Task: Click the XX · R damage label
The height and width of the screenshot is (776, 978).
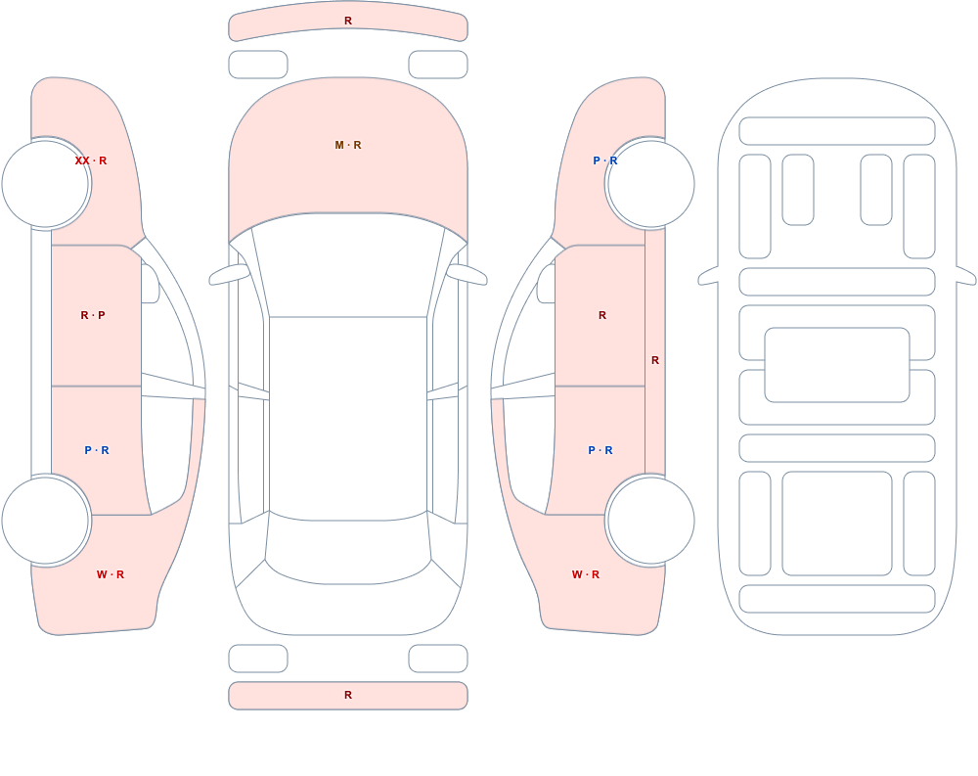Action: point(90,160)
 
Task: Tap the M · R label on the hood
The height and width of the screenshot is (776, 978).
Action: point(348,145)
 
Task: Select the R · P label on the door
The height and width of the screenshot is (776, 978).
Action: point(93,315)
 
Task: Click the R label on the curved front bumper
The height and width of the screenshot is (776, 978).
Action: point(348,21)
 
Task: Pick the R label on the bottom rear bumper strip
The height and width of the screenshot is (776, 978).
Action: point(348,695)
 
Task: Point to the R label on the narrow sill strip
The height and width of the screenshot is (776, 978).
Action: point(655,360)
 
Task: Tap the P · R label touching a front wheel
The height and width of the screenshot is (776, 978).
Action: point(605,160)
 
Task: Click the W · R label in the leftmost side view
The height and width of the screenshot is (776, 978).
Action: point(111,574)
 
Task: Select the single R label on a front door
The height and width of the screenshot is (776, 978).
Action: point(601,315)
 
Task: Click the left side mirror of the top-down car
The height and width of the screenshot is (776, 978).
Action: point(228,274)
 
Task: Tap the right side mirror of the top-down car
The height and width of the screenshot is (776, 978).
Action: point(467,274)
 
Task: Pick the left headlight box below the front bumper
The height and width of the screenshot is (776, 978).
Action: point(258,65)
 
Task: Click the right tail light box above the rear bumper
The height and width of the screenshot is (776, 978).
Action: point(438,659)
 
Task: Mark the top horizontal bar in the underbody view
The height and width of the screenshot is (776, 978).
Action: point(837,131)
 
